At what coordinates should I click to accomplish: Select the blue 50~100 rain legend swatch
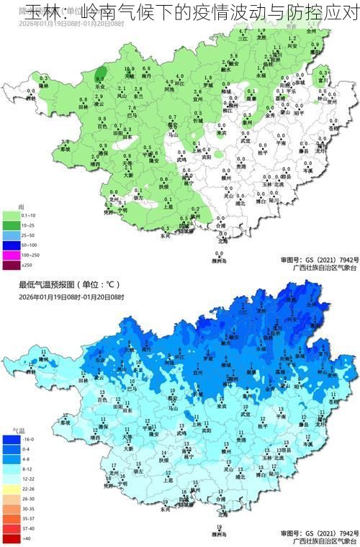tap(10, 245)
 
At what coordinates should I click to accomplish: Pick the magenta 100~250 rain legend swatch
tap(10, 256)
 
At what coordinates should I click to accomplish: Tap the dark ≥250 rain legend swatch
tap(10, 266)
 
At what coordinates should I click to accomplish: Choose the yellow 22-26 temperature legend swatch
tap(11, 488)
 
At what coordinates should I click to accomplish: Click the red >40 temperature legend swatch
tap(11, 538)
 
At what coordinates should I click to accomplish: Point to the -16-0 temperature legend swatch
tap(11, 438)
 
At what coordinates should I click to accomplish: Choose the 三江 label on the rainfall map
tap(243, 39)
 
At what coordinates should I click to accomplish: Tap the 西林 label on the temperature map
tap(30, 373)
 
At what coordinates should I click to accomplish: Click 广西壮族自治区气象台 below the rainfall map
tap(319, 267)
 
